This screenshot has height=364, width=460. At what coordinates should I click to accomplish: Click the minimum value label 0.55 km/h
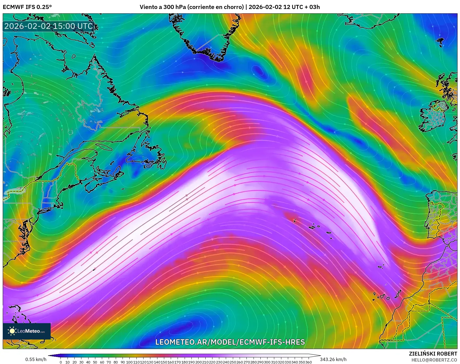(x=36, y=359)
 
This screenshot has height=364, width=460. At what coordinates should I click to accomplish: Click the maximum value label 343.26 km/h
(x=333, y=359)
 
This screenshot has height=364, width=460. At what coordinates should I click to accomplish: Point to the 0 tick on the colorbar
(x=60, y=362)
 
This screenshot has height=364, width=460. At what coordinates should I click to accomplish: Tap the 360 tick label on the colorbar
(x=308, y=362)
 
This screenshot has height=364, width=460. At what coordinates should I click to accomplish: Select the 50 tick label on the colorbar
(x=95, y=362)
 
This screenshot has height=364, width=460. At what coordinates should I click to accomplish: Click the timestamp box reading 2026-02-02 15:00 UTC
(x=48, y=26)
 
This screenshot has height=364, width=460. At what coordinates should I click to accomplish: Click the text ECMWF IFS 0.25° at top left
(x=27, y=7)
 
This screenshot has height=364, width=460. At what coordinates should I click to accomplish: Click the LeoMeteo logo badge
(x=27, y=331)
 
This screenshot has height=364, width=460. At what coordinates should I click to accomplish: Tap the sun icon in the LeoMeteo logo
(x=12, y=331)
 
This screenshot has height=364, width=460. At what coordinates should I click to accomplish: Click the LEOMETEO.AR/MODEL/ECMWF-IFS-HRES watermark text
(x=230, y=342)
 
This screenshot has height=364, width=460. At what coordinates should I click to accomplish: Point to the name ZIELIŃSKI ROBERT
(x=433, y=354)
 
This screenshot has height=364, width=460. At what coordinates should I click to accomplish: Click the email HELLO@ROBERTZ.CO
(x=434, y=360)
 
